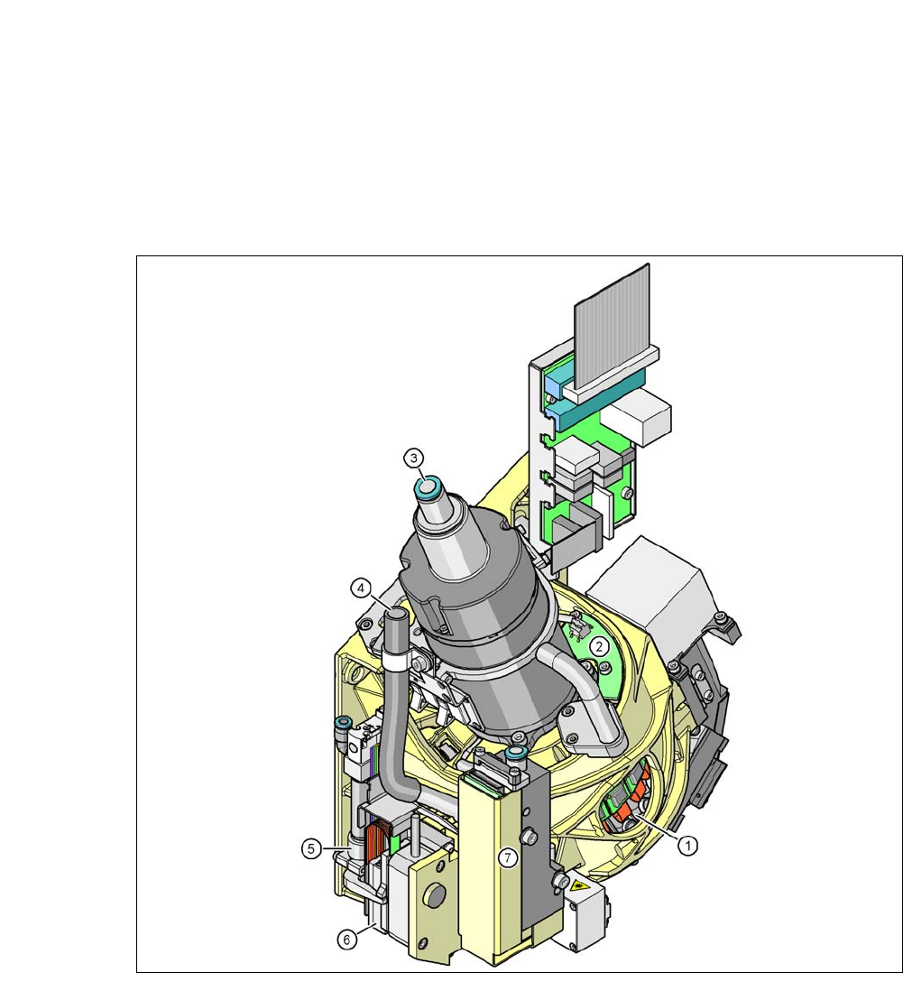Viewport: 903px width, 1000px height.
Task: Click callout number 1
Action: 687,846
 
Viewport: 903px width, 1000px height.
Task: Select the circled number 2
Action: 598,647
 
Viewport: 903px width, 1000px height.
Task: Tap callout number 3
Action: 413,458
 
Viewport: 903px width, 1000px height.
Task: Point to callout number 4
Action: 361,588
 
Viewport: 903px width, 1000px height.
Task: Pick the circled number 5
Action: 311,849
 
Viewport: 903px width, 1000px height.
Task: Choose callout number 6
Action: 346,940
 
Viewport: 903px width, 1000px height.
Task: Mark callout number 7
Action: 507,857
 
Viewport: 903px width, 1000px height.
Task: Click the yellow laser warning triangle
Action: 580,885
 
